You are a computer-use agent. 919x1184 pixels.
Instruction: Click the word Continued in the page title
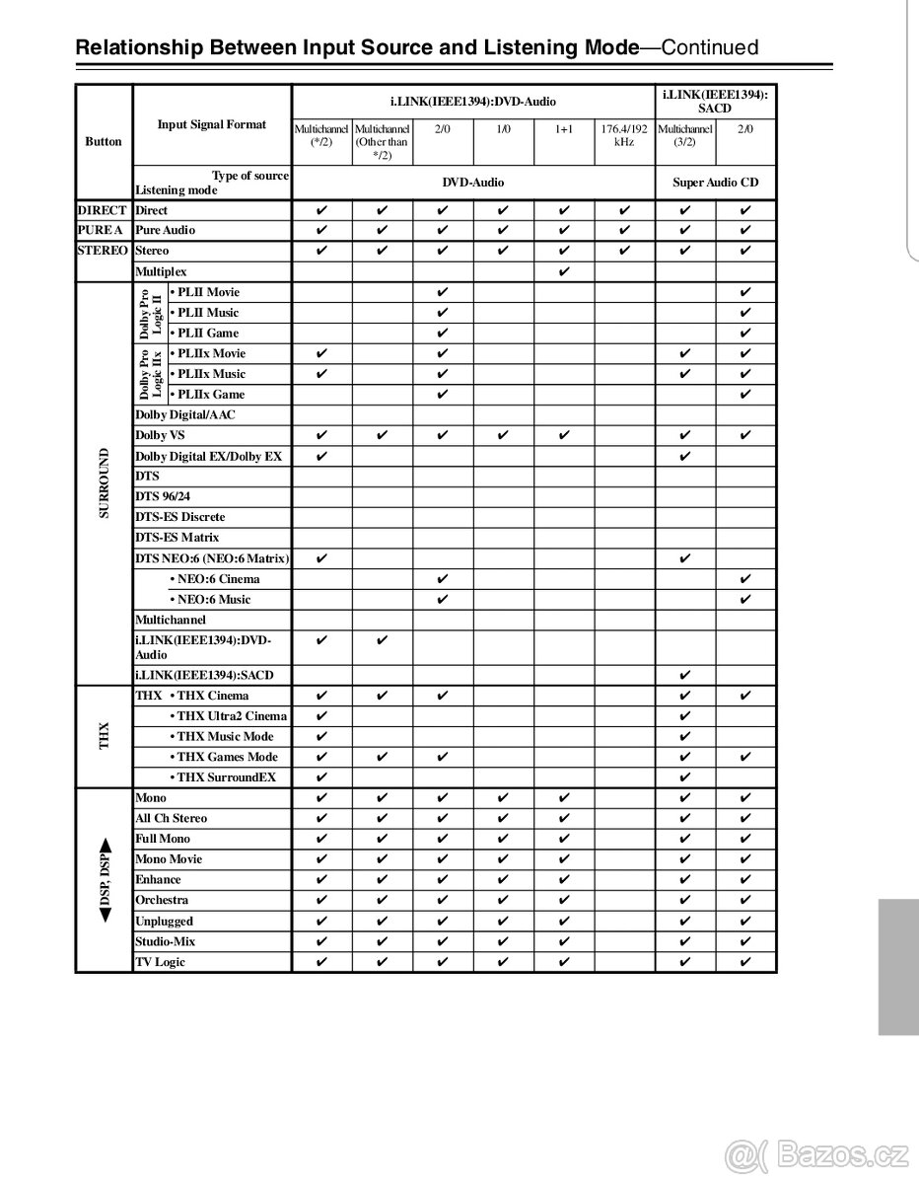[709, 47]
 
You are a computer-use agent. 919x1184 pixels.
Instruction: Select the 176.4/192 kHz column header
[624, 136]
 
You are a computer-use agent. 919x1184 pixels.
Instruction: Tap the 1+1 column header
[564, 129]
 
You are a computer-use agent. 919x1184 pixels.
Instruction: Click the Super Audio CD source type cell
[716, 183]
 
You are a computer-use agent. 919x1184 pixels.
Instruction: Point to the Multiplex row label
[161, 271]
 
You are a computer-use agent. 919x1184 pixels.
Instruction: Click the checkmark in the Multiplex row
[564, 271]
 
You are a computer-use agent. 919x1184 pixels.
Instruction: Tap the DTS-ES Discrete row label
[179, 517]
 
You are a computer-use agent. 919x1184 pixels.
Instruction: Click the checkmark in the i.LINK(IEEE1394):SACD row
[685, 675]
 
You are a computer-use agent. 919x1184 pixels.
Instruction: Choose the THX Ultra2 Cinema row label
[231, 716]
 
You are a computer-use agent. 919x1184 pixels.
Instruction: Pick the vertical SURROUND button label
[105, 483]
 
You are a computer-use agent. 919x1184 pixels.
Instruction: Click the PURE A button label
[103, 230]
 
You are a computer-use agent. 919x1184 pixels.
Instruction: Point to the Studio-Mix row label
[165, 941]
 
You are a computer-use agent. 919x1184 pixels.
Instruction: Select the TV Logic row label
[160, 962]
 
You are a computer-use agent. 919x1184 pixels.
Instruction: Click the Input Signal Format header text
[212, 124]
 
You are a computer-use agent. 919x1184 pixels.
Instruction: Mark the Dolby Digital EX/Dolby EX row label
[208, 456]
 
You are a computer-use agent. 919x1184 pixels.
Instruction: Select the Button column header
[104, 141]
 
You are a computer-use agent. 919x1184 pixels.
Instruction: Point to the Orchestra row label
[162, 900]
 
